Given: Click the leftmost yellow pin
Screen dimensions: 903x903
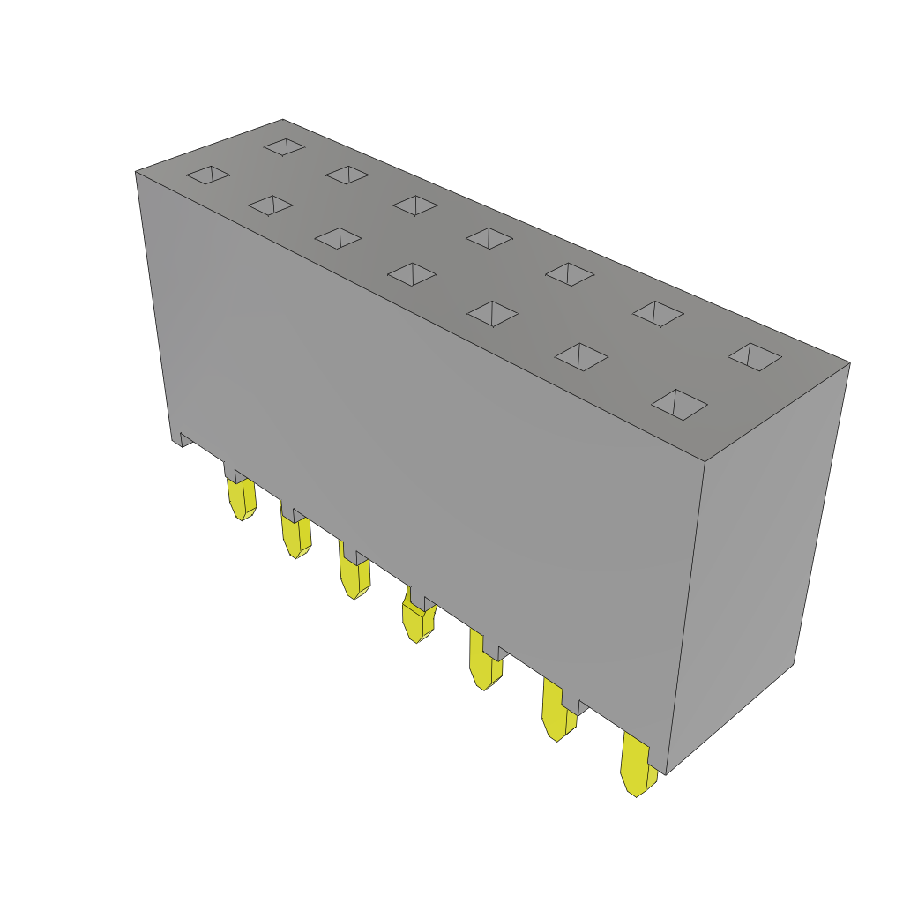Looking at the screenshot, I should coord(242,498).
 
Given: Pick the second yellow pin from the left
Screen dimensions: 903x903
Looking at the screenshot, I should coord(296,534).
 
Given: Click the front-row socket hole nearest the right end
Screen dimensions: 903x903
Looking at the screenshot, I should coord(679,404).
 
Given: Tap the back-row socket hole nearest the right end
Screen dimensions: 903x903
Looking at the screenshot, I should coord(755,356).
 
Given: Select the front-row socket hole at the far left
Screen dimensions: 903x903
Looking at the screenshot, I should coord(208,174).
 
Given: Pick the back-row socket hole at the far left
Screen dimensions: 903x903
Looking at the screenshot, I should coord(284,146).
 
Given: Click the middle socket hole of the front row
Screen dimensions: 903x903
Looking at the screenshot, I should coord(412,274).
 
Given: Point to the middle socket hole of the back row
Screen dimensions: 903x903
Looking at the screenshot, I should coord(489,238).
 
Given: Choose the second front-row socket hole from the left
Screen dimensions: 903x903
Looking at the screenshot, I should coord(271,205).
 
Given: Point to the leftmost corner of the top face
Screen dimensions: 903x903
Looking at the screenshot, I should coord(136,172).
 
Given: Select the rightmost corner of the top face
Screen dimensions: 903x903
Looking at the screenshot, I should coord(849,363).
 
